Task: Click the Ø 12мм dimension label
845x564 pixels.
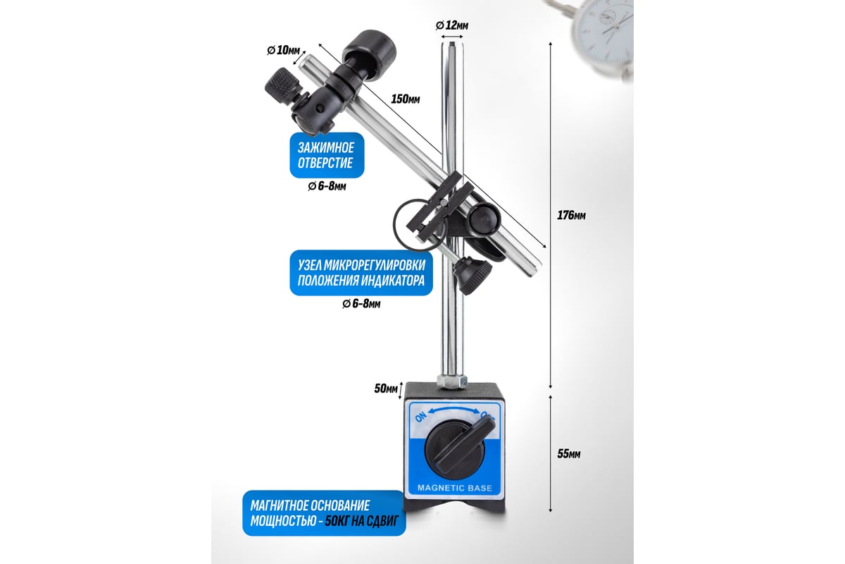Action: [x=452, y=25]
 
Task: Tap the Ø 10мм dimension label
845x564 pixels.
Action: [x=283, y=50]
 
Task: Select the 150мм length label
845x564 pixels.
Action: [x=405, y=99]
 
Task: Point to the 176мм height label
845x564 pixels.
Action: [x=571, y=215]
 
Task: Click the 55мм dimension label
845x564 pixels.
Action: [x=569, y=454]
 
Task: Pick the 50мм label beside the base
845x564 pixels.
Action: [x=386, y=388]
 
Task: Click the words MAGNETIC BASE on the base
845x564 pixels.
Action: [x=455, y=488]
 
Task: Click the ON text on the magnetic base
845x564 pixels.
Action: [x=420, y=417]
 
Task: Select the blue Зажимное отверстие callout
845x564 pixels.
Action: [x=327, y=155]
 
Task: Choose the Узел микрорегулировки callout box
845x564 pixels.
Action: [x=361, y=273]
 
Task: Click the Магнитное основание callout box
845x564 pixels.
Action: [x=324, y=513]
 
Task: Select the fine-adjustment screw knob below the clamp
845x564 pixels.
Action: [x=472, y=275]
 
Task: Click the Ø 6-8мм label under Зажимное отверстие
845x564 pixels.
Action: [x=327, y=186]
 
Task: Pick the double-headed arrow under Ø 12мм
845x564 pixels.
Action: [x=452, y=37]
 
